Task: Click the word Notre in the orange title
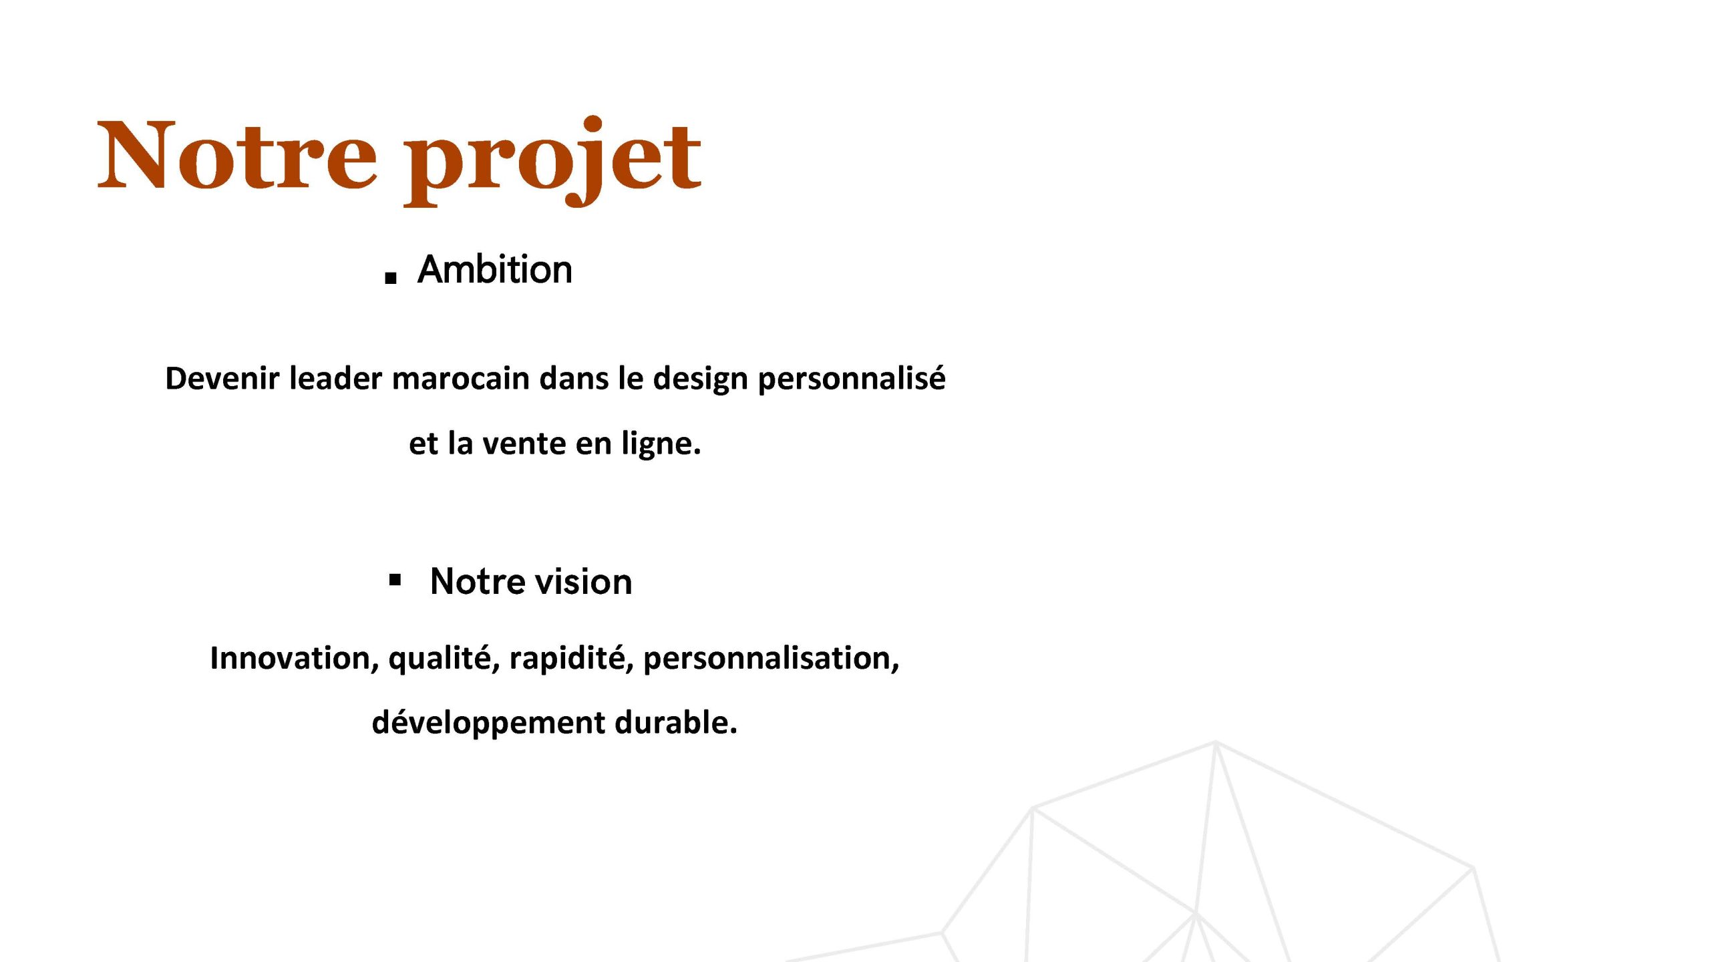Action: point(238,155)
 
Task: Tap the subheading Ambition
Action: point(495,269)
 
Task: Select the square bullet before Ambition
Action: point(391,278)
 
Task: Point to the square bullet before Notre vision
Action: point(395,580)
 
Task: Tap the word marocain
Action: point(461,378)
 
